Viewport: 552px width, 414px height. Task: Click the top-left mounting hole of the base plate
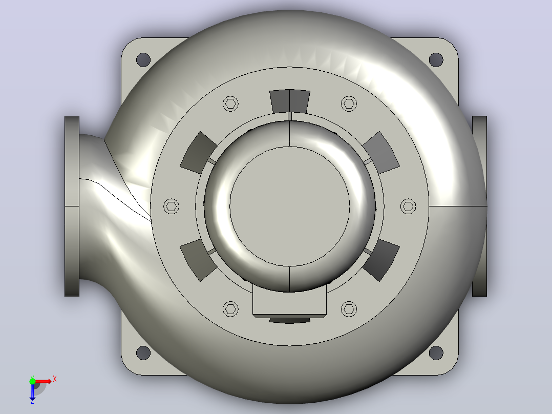[143, 60]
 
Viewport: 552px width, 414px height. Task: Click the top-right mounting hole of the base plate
[436, 60]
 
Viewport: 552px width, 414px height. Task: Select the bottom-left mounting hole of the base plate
[143, 353]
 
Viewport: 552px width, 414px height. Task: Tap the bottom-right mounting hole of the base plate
[436, 353]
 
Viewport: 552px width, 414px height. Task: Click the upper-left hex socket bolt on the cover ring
[230, 103]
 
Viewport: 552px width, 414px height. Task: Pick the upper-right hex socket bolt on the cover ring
[349, 103]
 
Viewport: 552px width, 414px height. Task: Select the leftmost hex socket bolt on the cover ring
[172, 206]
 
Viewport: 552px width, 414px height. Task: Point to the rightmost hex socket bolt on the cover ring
[409, 206]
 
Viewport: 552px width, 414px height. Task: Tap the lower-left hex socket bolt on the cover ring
[230, 309]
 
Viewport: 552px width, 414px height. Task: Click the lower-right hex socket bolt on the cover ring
[349, 309]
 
